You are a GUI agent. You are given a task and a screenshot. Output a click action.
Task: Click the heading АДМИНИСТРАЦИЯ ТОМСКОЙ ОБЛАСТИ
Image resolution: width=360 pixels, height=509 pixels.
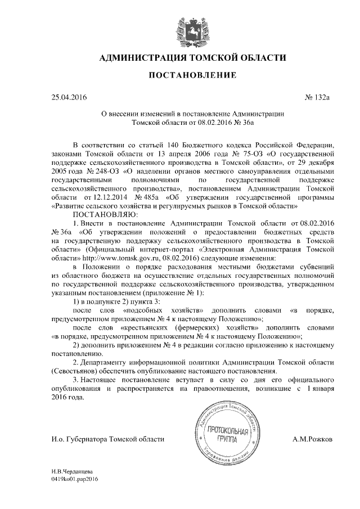click(192, 57)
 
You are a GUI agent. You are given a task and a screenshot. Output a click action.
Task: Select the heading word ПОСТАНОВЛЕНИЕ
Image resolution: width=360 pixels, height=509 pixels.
click(192, 75)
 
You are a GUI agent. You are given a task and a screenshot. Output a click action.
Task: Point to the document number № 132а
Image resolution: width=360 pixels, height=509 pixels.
click(319, 97)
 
